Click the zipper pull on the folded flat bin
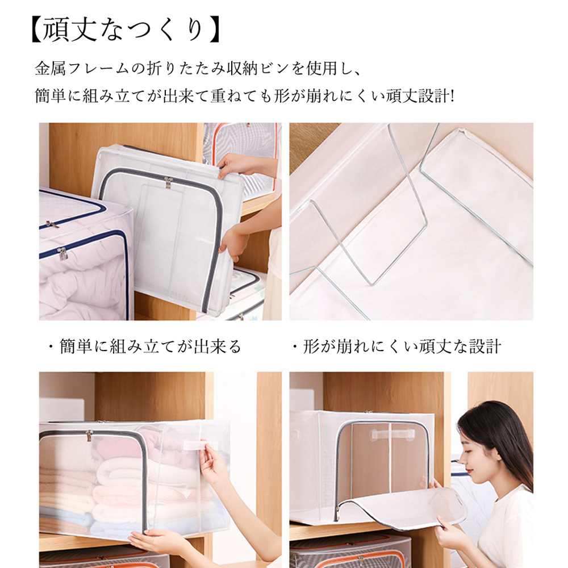169,182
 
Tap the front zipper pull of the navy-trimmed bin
62,253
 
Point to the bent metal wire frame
364,239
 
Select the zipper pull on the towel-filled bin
89,436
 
